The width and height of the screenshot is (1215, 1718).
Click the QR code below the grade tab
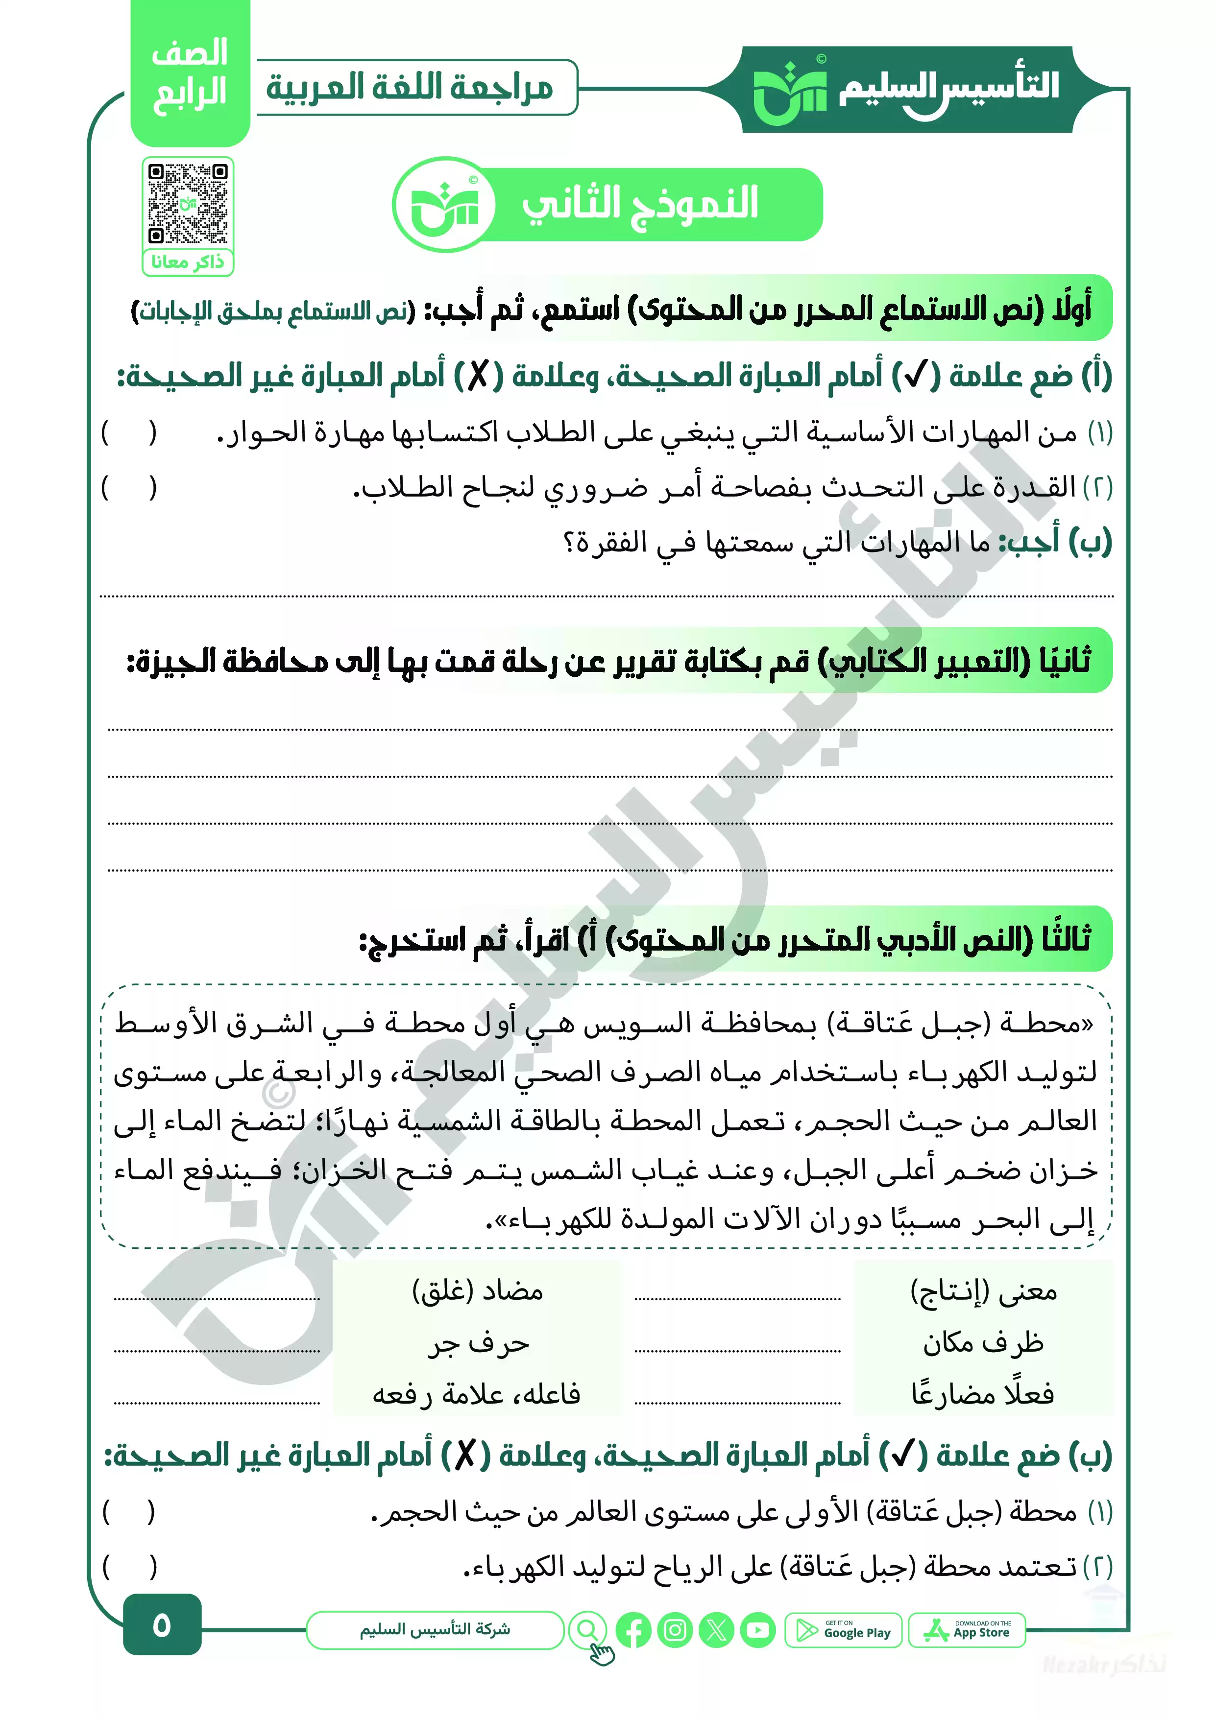[x=188, y=203]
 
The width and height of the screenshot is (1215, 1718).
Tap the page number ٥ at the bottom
[x=162, y=1624]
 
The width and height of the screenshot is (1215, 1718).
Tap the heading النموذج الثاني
[x=640, y=204]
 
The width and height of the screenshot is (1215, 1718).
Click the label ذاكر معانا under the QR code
[x=188, y=262]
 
